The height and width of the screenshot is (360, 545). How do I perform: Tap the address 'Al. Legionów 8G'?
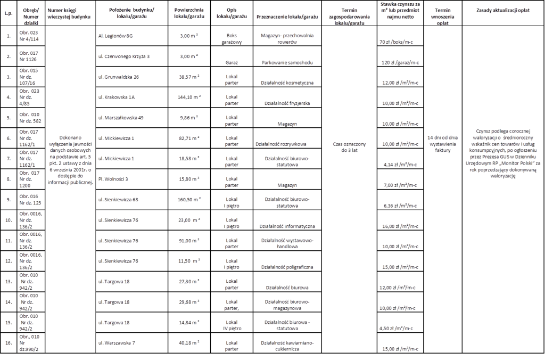pos(116,35)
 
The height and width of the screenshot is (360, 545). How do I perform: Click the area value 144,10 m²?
pos(188,97)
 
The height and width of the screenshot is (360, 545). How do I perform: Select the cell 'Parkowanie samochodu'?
pos(287,62)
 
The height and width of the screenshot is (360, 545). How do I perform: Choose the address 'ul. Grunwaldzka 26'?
pos(118,77)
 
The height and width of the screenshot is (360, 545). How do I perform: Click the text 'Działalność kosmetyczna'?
pos(287,83)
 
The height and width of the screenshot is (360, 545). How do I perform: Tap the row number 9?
pos(8,200)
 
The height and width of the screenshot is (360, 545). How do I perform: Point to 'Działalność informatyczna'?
pos(287,226)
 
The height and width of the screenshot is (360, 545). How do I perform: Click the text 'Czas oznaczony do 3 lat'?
pos(349,147)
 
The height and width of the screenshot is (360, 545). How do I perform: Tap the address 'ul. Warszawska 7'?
pos(117,342)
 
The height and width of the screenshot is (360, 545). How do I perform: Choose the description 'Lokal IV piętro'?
pos(232,325)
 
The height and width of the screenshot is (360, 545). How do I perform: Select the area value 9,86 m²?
pos(188,118)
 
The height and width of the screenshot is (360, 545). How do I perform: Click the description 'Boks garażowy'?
pos(232,38)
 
